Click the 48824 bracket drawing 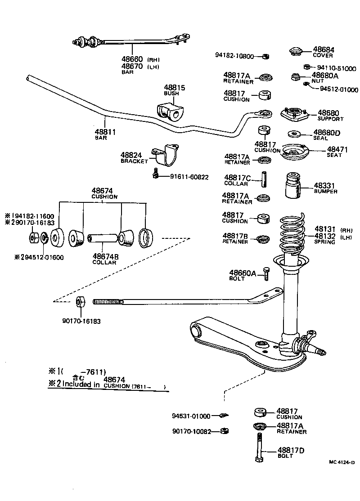coord(166,155)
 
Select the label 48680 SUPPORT coord(330,116)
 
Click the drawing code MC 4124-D coord(342,462)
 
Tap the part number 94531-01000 coord(191,416)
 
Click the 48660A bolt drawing coord(266,273)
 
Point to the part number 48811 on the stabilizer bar coord(105,132)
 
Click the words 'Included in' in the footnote coord(81,384)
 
